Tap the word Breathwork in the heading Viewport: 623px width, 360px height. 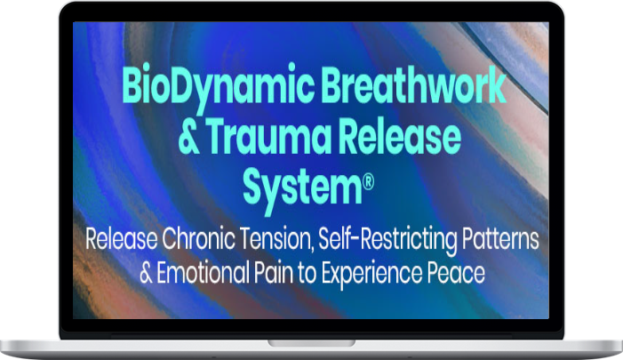tap(413, 84)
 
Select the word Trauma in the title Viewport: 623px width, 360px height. tap(268, 135)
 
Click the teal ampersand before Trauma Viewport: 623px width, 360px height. tap(188, 136)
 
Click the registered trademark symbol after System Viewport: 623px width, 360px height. tap(368, 183)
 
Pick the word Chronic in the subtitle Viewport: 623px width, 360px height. tap(198, 238)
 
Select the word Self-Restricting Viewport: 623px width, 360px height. tap(387, 240)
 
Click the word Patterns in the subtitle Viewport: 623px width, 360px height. tap(500, 238)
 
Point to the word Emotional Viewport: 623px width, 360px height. tap(203, 273)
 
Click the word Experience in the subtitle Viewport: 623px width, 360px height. tap(371, 274)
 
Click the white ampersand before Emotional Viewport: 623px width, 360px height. tap(146, 273)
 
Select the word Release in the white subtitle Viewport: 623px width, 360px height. tap(121, 238)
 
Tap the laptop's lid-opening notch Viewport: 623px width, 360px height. tap(311, 342)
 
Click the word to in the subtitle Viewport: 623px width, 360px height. tap(308, 274)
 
